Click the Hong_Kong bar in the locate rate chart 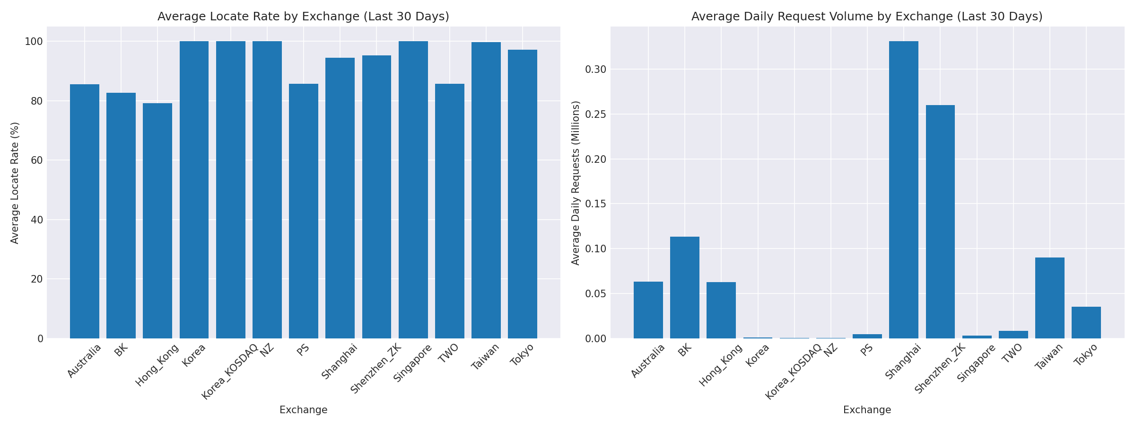click(x=157, y=221)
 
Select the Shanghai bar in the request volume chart click(x=904, y=189)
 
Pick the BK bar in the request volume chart click(x=685, y=287)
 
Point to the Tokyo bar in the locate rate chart click(x=523, y=194)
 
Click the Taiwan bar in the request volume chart click(x=1050, y=298)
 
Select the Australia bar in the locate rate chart click(x=85, y=211)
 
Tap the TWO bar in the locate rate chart click(x=450, y=211)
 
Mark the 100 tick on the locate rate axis click(x=34, y=42)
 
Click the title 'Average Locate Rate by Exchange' click(x=303, y=17)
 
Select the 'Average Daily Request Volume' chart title click(x=867, y=17)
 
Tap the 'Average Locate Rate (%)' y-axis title click(x=15, y=183)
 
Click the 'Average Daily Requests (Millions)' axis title click(x=576, y=183)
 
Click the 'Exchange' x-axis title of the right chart click(x=867, y=410)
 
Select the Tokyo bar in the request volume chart click(x=1086, y=322)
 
